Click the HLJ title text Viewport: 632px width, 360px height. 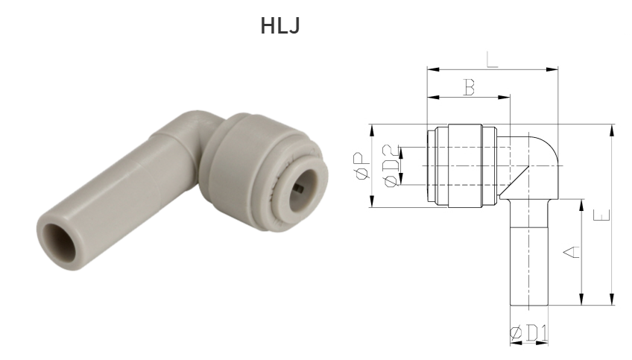point(281,26)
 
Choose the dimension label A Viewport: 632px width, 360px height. point(570,253)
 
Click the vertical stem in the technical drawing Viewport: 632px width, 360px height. point(528,253)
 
